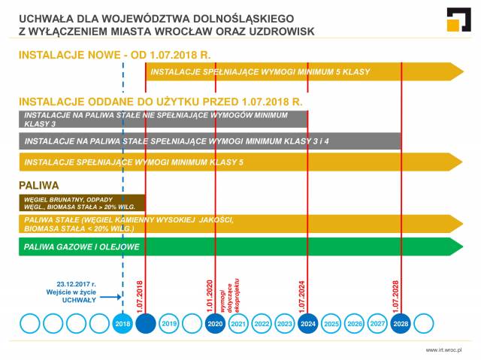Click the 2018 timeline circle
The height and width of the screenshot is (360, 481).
click(123, 324)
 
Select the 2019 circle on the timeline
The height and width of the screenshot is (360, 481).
click(169, 324)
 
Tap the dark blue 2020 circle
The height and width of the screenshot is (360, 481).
click(215, 324)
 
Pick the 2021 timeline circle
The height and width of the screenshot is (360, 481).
click(238, 324)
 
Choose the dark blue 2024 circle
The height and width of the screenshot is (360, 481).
click(308, 324)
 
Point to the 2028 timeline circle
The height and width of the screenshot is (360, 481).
click(401, 324)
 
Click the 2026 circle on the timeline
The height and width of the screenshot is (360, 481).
click(355, 324)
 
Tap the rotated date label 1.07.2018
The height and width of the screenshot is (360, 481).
click(139, 293)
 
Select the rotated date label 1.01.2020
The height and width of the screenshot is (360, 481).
click(210, 293)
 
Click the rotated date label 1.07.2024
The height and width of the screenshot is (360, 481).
click(302, 293)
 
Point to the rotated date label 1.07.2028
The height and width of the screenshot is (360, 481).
click(395, 293)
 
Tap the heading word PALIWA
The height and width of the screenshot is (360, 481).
click(38, 184)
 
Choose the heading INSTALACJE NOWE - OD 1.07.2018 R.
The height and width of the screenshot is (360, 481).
click(113, 55)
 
